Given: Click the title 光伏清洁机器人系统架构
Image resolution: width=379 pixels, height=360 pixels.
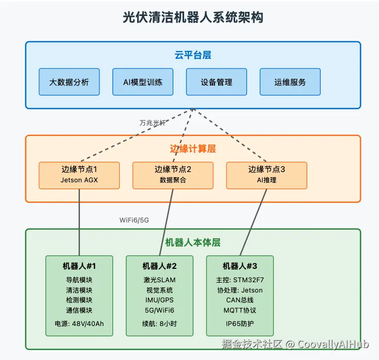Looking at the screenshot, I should (x=193, y=17).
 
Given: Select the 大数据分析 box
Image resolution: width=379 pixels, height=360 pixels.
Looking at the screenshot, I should (x=69, y=82).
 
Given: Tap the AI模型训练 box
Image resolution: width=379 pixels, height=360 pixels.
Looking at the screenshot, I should (x=143, y=82).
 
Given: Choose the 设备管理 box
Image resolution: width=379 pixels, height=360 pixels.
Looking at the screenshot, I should (x=217, y=82).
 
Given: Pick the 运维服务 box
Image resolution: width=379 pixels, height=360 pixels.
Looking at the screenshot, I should (x=290, y=82).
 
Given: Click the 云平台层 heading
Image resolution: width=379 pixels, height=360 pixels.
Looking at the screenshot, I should (x=193, y=55).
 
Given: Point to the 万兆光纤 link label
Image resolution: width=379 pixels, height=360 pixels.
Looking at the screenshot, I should (x=153, y=123).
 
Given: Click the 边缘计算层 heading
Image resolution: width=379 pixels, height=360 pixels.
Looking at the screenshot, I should (x=193, y=149).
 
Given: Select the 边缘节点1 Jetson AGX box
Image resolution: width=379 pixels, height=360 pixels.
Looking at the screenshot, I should (x=79, y=175).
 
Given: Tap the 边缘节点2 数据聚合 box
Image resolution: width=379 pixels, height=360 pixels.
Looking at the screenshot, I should (x=173, y=175).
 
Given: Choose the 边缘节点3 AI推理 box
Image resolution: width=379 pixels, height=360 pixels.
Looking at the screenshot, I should (x=267, y=175).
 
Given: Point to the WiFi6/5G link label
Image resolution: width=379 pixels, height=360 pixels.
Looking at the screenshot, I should (x=135, y=220).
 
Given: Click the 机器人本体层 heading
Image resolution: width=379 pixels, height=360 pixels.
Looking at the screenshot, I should (x=193, y=243).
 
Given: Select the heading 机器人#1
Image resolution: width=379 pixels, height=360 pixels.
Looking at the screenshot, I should (x=79, y=266).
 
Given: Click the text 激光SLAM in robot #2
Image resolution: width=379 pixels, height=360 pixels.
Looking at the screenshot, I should (x=159, y=280).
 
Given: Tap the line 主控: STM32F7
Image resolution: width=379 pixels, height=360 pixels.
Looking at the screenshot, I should (x=240, y=280).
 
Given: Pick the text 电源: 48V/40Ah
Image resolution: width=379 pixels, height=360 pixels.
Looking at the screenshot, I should (x=79, y=324).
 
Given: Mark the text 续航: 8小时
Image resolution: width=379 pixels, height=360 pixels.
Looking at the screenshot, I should (x=159, y=324).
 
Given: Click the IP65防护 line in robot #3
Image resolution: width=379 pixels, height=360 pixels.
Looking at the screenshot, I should (x=240, y=324).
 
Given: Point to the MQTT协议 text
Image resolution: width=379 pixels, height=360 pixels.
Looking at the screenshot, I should (x=240, y=311).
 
